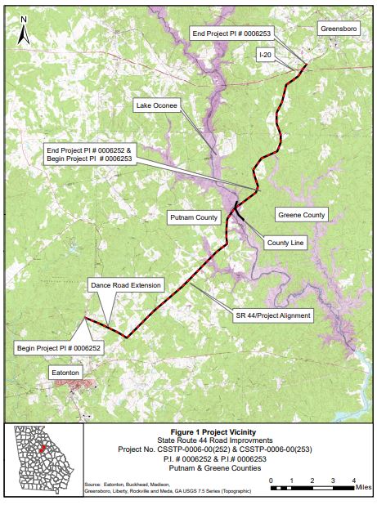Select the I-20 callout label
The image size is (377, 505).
tap(265, 54)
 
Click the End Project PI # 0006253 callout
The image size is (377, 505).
tap(230, 34)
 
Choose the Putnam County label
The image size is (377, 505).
tap(193, 217)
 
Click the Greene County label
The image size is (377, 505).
tap(303, 216)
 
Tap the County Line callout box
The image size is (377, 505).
tap(284, 244)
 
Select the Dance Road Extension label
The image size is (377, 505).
tap(125, 285)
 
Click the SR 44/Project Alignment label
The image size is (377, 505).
tap(272, 315)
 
